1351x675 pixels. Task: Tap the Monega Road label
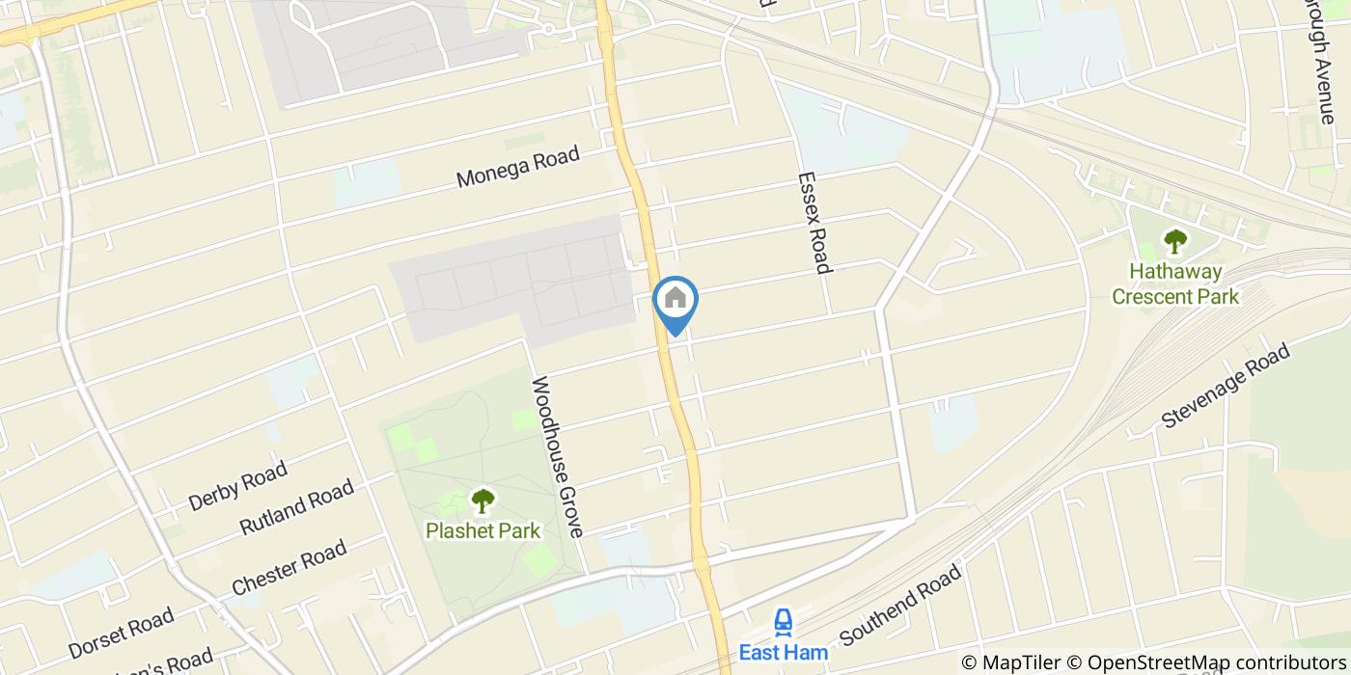tap(518, 166)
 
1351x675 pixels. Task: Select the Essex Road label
tap(814, 223)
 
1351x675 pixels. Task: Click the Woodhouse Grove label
tap(558, 456)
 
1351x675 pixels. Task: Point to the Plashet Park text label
tap(482, 530)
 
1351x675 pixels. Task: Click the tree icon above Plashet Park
tap(482, 500)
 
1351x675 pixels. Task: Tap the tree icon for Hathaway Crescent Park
tap(1174, 240)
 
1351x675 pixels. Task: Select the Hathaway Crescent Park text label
tap(1174, 284)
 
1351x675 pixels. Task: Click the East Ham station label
tap(783, 653)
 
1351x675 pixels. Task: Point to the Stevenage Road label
tap(1226, 387)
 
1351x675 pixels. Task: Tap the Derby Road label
tap(237, 486)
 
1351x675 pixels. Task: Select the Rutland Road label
tap(296, 508)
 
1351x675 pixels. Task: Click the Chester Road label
tap(289, 569)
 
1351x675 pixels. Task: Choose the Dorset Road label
tap(121, 633)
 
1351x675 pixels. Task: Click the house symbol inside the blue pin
tap(675, 298)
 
